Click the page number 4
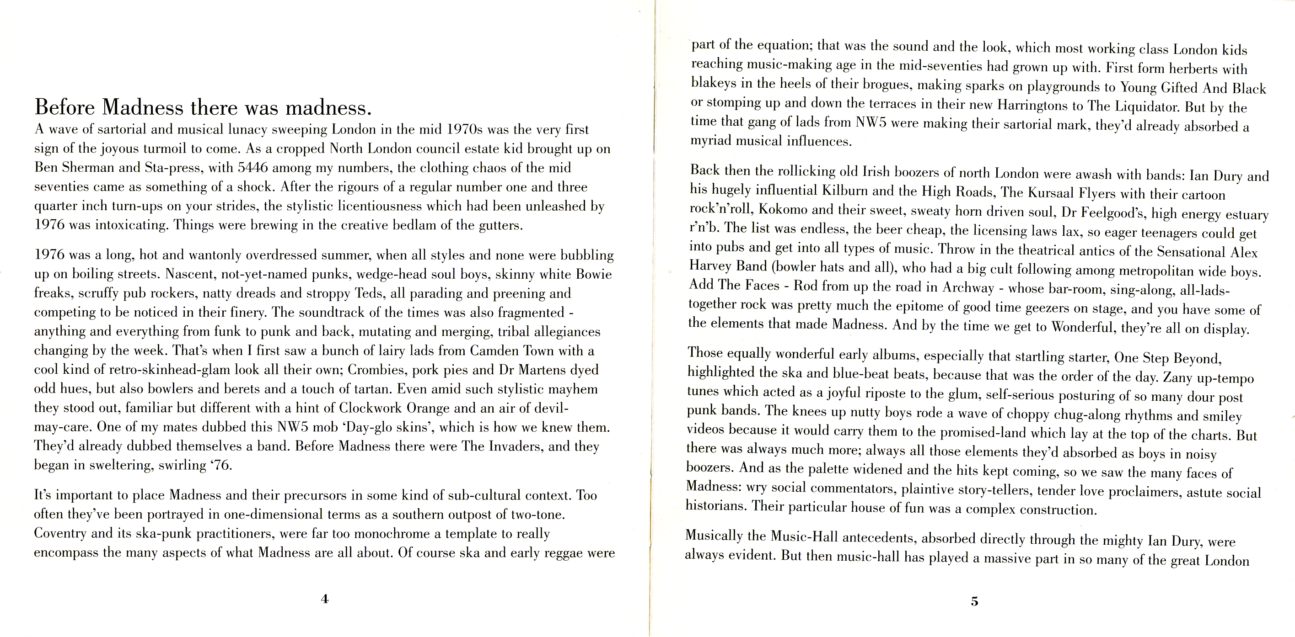pos(325,599)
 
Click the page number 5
pos(974,601)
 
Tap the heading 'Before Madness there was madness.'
pos(203,107)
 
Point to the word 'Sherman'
pos(91,168)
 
